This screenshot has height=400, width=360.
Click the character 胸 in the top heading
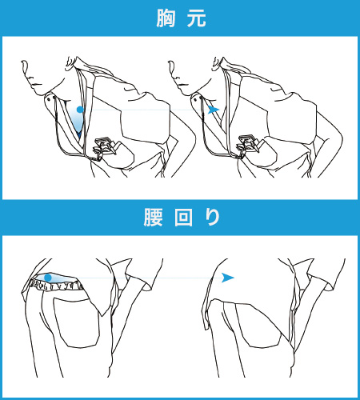click(x=164, y=18)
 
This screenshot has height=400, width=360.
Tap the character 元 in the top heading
click(x=197, y=18)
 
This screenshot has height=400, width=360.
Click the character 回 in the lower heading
click(x=181, y=218)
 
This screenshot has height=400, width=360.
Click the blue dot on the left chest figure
click(x=79, y=108)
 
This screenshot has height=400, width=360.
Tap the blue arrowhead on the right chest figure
click(x=213, y=110)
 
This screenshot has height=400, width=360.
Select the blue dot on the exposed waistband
click(x=49, y=278)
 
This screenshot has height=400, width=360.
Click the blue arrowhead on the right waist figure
click(x=228, y=278)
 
